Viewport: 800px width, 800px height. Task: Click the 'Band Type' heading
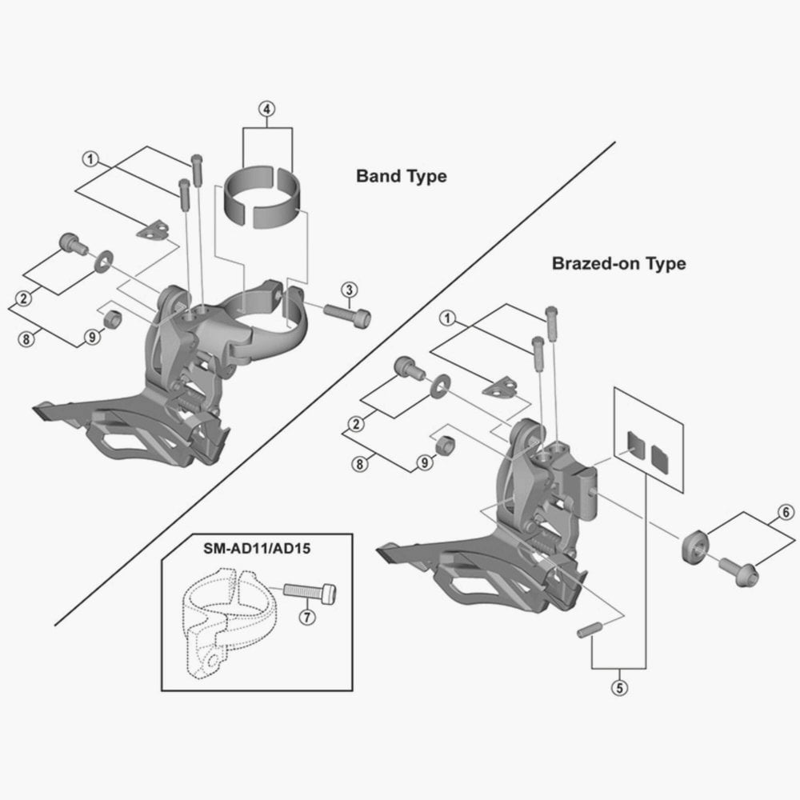[401, 177]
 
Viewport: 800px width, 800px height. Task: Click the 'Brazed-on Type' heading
[619, 264]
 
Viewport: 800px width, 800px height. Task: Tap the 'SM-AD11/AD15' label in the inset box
[257, 549]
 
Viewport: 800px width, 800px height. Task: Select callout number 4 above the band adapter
[267, 109]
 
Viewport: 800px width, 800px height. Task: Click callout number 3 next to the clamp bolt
[349, 290]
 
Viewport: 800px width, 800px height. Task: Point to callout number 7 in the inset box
[306, 617]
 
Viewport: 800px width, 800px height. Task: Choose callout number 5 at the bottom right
[619, 688]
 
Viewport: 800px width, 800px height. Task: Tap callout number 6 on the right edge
[786, 512]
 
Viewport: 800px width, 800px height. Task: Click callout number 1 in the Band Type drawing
[90, 159]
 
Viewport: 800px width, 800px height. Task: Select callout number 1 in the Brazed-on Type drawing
[447, 318]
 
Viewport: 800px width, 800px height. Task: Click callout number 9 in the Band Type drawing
[92, 337]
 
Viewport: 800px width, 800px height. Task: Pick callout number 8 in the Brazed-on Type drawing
[360, 464]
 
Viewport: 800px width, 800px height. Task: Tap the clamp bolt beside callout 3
[347, 314]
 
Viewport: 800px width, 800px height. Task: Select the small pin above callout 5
[590, 630]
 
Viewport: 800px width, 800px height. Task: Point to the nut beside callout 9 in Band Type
[113, 319]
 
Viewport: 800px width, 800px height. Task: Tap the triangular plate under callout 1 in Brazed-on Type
[500, 386]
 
